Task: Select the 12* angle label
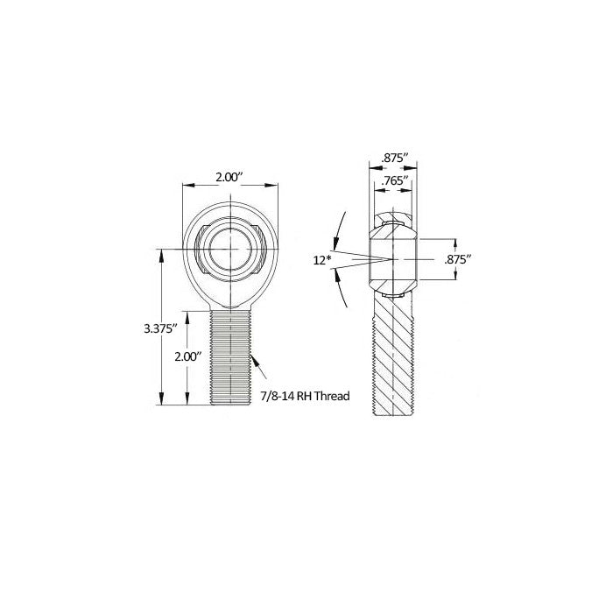pos(321,259)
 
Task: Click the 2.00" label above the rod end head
pos(229,177)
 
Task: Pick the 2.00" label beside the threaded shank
pos(188,356)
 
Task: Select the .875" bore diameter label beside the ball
pos(459,259)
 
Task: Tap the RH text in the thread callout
pos(305,397)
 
